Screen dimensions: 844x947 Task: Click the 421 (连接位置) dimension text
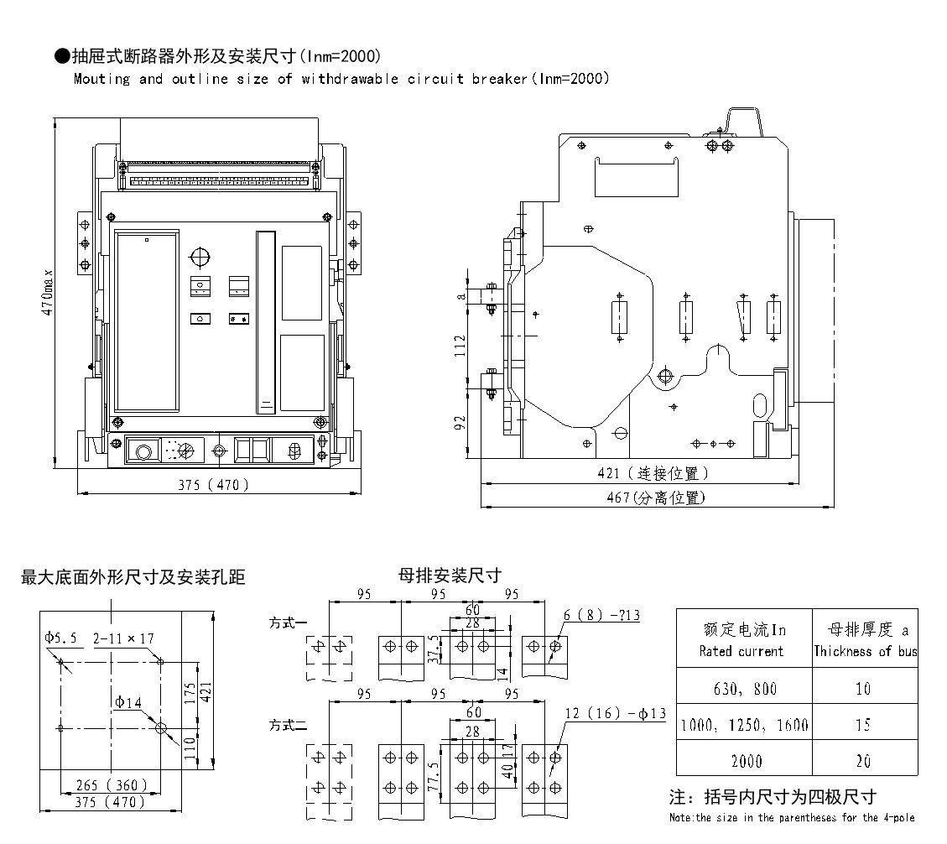(653, 474)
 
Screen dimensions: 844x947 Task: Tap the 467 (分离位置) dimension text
(657, 498)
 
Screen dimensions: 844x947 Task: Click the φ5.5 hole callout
(61, 638)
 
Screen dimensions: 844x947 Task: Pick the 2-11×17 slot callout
(123, 638)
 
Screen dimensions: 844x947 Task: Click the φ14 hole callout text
(128, 701)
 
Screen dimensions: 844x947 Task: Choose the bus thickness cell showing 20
(864, 761)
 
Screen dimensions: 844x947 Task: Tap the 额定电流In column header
(744, 639)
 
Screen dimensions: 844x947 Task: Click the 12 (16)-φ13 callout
(614, 714)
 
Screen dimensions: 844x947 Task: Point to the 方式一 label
(288, 623)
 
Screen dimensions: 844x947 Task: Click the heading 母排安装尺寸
(449, 576)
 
